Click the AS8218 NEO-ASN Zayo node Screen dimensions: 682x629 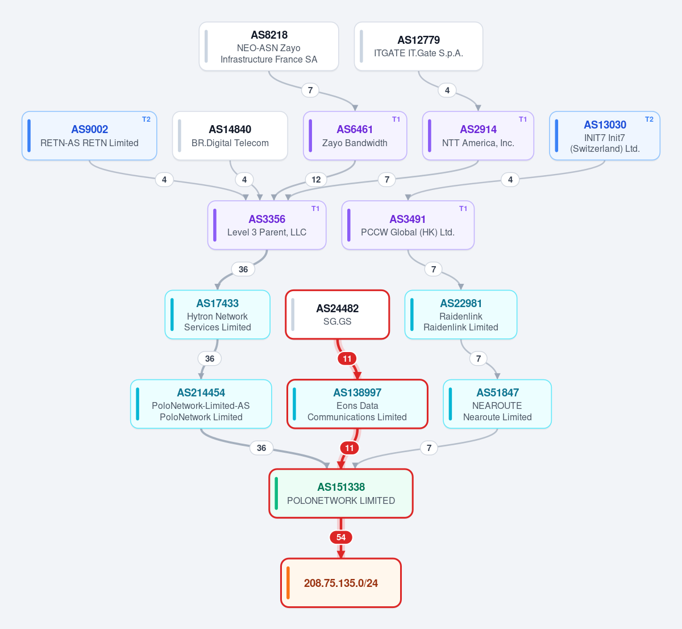269,47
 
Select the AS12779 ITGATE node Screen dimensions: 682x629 418,47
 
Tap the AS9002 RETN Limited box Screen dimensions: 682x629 89,136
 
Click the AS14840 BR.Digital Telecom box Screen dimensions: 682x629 230,136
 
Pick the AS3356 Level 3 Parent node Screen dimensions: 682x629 267,225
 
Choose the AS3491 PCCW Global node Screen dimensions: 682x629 407,225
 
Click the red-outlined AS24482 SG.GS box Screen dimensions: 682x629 337,314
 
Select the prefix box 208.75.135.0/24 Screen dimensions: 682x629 340,583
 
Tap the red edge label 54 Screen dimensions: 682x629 340,537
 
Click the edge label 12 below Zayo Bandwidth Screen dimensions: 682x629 316,180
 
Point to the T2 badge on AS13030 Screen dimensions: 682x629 649,119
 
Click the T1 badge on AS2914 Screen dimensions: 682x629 522,119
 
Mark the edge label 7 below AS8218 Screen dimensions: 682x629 310,90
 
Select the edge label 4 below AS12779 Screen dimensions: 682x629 447,90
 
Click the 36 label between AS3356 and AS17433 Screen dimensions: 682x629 243,269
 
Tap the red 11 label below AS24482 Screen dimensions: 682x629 347,359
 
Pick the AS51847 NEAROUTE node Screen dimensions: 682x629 497,404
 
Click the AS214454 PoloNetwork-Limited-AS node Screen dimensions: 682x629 201,404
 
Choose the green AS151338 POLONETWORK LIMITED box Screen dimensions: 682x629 340,494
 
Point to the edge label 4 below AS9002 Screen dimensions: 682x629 164,180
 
